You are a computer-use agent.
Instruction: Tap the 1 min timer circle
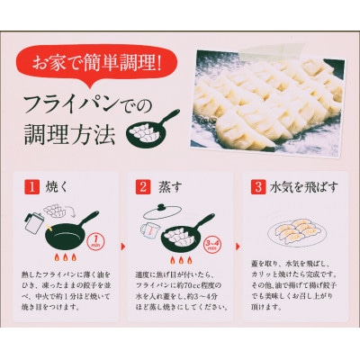pos(95,240)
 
